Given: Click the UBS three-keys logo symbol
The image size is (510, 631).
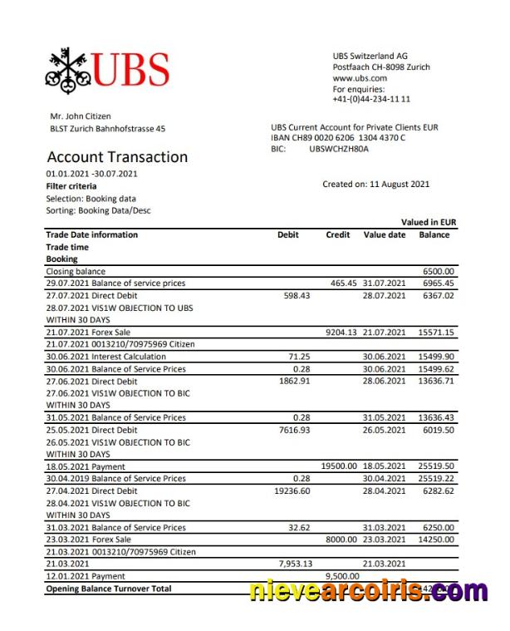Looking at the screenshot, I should point(67,68).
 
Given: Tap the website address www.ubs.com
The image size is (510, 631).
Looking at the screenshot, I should point(360,77).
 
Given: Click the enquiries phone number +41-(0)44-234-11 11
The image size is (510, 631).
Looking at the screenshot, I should point(371,99).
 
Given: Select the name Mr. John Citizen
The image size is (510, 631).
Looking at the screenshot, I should point(81,116).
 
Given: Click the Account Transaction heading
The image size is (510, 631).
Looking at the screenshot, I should point(117,157).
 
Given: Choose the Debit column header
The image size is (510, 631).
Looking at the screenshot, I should point(287,234).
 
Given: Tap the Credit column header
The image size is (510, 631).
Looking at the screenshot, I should point(338,234).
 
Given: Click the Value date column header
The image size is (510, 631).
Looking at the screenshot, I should point(385,234).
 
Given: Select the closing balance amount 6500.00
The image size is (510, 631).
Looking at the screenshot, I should point(439,271).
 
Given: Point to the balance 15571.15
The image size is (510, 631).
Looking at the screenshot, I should point(437,332).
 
